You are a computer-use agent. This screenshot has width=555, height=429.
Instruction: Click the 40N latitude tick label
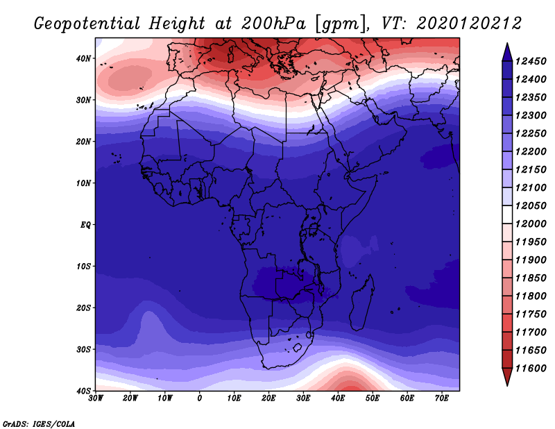point(83,58)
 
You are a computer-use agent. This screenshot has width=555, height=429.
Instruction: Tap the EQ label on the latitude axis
point(85,225)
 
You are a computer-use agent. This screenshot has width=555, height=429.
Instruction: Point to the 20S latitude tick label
point(83,308)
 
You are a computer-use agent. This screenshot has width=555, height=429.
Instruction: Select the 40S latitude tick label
point(83,391)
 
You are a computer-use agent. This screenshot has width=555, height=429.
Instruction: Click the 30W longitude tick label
point(96,398)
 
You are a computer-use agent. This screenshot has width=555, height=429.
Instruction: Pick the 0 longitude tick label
point(200,398)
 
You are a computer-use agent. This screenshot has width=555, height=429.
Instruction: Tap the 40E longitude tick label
point(338,398)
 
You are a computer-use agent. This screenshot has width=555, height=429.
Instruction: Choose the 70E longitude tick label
point(441,398)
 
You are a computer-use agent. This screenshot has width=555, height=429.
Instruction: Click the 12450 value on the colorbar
point(531,61)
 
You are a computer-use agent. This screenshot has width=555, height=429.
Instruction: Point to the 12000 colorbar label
point(531,224)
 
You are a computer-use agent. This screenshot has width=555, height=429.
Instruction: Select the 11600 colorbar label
point(531,369)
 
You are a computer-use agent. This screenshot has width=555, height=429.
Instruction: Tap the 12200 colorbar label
point(531,151)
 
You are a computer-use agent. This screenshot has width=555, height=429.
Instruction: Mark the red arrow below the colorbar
point(507,376)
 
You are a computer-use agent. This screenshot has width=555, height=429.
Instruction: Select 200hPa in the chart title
point(273,24)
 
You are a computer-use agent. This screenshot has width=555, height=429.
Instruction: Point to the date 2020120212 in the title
point(469,24)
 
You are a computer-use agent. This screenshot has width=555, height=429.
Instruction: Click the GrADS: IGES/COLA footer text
point(39,424)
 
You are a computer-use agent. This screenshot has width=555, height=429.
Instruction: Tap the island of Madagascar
point(361,303)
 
